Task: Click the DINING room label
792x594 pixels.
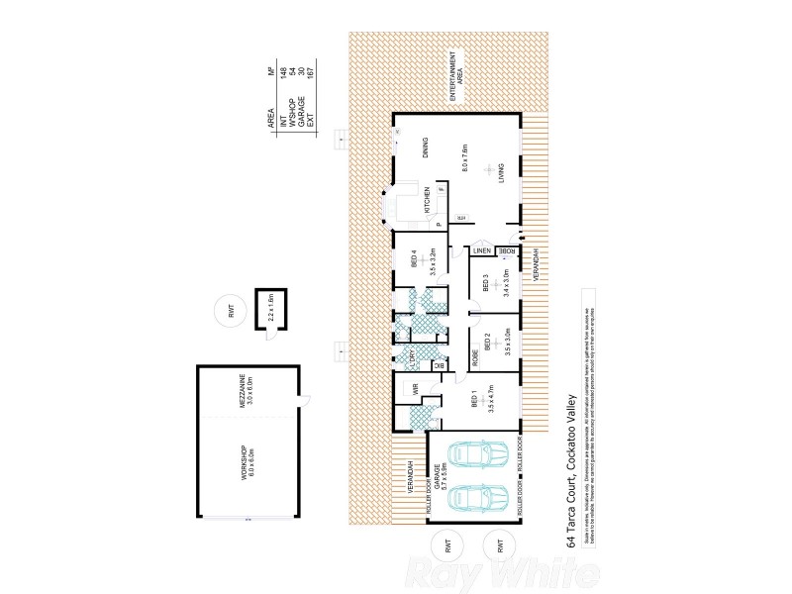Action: [427, 149]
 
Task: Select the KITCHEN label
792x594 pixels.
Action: [427, 201]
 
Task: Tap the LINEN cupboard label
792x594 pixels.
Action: [480, 251]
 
